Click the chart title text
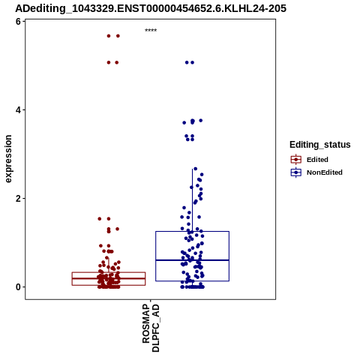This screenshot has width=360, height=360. pos(151,8)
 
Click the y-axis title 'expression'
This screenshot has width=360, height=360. pos(8,159)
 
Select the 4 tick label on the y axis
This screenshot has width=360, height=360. pos(18,110)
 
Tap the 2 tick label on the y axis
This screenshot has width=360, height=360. pos(18,199)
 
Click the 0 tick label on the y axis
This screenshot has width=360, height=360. pos(18,287)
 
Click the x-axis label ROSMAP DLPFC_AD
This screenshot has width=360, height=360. pos(151,328)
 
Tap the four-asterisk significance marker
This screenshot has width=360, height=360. pos(151,31)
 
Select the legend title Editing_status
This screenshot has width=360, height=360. pos(320,145)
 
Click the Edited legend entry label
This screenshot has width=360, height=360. pos(317,160)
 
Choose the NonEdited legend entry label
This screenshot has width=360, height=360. pos(325,172)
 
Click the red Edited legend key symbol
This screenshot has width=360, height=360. pos(296,160)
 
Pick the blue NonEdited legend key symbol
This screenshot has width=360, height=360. pos(296,172)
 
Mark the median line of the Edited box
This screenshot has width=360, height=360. pos(109,278)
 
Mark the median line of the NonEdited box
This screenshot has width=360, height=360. pos(192,260)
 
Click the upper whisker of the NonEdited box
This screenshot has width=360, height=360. pos(192,200)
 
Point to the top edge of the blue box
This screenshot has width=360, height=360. pos(192,232)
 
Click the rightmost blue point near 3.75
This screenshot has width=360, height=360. pos(200,121)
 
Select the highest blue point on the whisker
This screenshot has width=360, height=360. pos(195,169)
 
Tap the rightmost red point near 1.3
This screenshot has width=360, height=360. pos(117,229)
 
